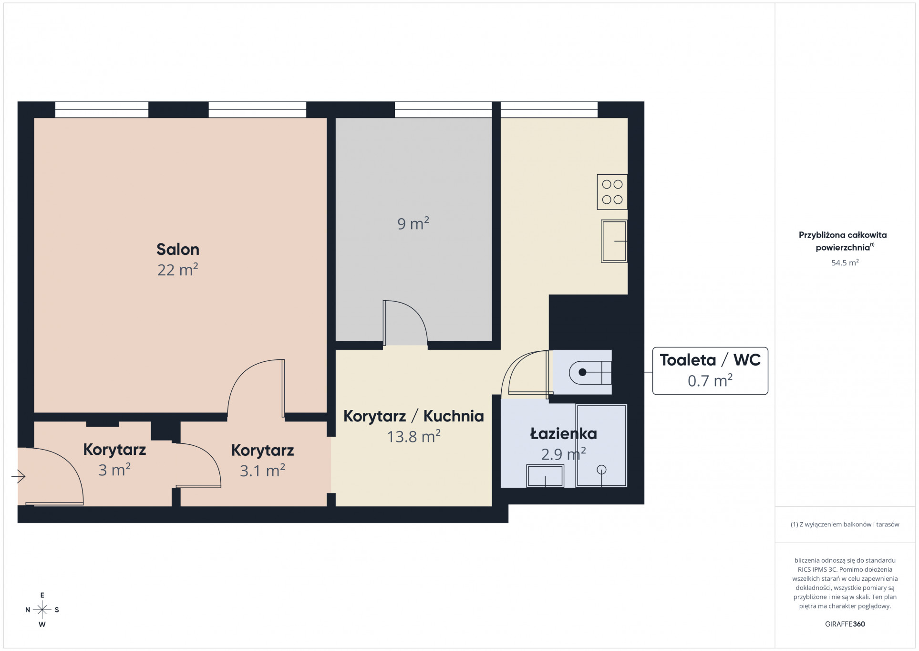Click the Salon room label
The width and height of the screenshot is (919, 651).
click(x=178, y=249)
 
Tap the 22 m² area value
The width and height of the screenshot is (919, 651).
click(x=178, y=270)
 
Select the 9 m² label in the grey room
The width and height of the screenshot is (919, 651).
click(x=413, y=223)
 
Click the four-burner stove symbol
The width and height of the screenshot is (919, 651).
click(x=612, y=192)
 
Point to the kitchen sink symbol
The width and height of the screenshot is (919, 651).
click(x=614, y=241)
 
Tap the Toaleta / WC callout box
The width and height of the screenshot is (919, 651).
click(x=710, y=371)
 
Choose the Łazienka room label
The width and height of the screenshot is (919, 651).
click(x=563, y=433)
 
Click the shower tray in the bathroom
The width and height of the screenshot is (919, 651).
click(x=601, y=446)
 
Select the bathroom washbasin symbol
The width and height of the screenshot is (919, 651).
click(x=545, y=476)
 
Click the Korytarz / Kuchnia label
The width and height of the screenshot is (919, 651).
click(x=413, y=416)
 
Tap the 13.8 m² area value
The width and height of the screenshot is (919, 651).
click(x=413, y=436)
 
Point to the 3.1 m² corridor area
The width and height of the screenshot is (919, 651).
click(x=262, y=471)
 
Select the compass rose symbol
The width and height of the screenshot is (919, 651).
click(x=42, y=609)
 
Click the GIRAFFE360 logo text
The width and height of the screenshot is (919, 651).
click(x=845, y=624)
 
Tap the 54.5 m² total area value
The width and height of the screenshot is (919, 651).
click(x=845, y=262)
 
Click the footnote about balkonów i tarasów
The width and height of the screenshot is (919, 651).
click(x=845, y=524)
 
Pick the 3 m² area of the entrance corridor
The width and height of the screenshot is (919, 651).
click(x=114, y=470)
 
